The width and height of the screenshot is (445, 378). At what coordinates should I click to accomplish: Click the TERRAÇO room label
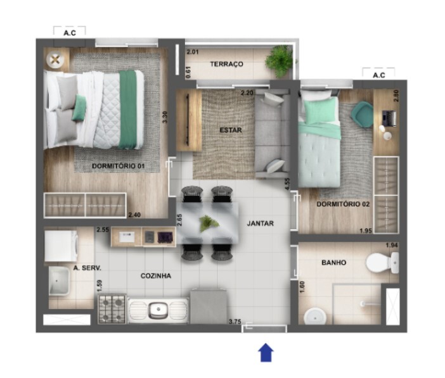[226, 64]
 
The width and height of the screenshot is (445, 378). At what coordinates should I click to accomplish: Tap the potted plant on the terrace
[280, 61]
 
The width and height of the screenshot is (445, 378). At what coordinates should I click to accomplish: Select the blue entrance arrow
[266, 353]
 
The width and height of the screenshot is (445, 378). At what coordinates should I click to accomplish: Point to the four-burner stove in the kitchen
[112, 309]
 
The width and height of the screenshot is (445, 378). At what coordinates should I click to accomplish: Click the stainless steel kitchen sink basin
[158, 310]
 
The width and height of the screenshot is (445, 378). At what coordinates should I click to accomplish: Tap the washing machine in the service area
[61, 246]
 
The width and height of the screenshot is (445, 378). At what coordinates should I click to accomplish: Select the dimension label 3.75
[235, 322]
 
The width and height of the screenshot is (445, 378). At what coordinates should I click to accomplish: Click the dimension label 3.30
[165, 117]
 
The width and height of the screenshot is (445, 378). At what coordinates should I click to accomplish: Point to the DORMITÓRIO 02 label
[343, 204]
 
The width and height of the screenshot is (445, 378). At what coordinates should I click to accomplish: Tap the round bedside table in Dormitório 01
[55, 60]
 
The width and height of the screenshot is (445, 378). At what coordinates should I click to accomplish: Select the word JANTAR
[261, 224]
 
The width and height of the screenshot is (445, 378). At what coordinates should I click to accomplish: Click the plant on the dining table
[209, 223]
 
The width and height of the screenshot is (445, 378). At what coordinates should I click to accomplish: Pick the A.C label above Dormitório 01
[70, 33]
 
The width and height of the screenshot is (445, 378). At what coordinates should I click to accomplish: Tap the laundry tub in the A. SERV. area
[59, 280]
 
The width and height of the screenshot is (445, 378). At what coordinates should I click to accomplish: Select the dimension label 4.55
[288, 184]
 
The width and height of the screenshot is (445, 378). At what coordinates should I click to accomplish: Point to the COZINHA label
[156, 276]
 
